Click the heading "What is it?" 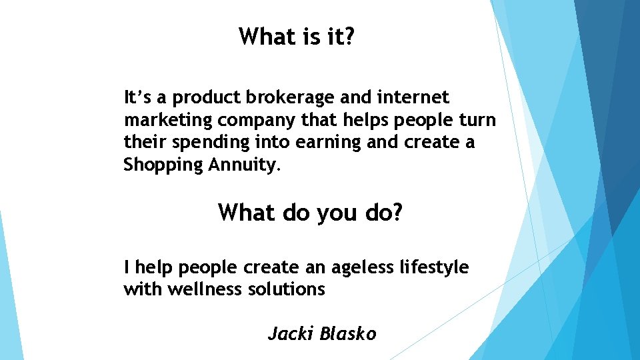tap(297, 37)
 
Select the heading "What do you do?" tap(311, 213)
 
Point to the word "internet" tap(413, 98)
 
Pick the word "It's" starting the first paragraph tap(139, 98)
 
